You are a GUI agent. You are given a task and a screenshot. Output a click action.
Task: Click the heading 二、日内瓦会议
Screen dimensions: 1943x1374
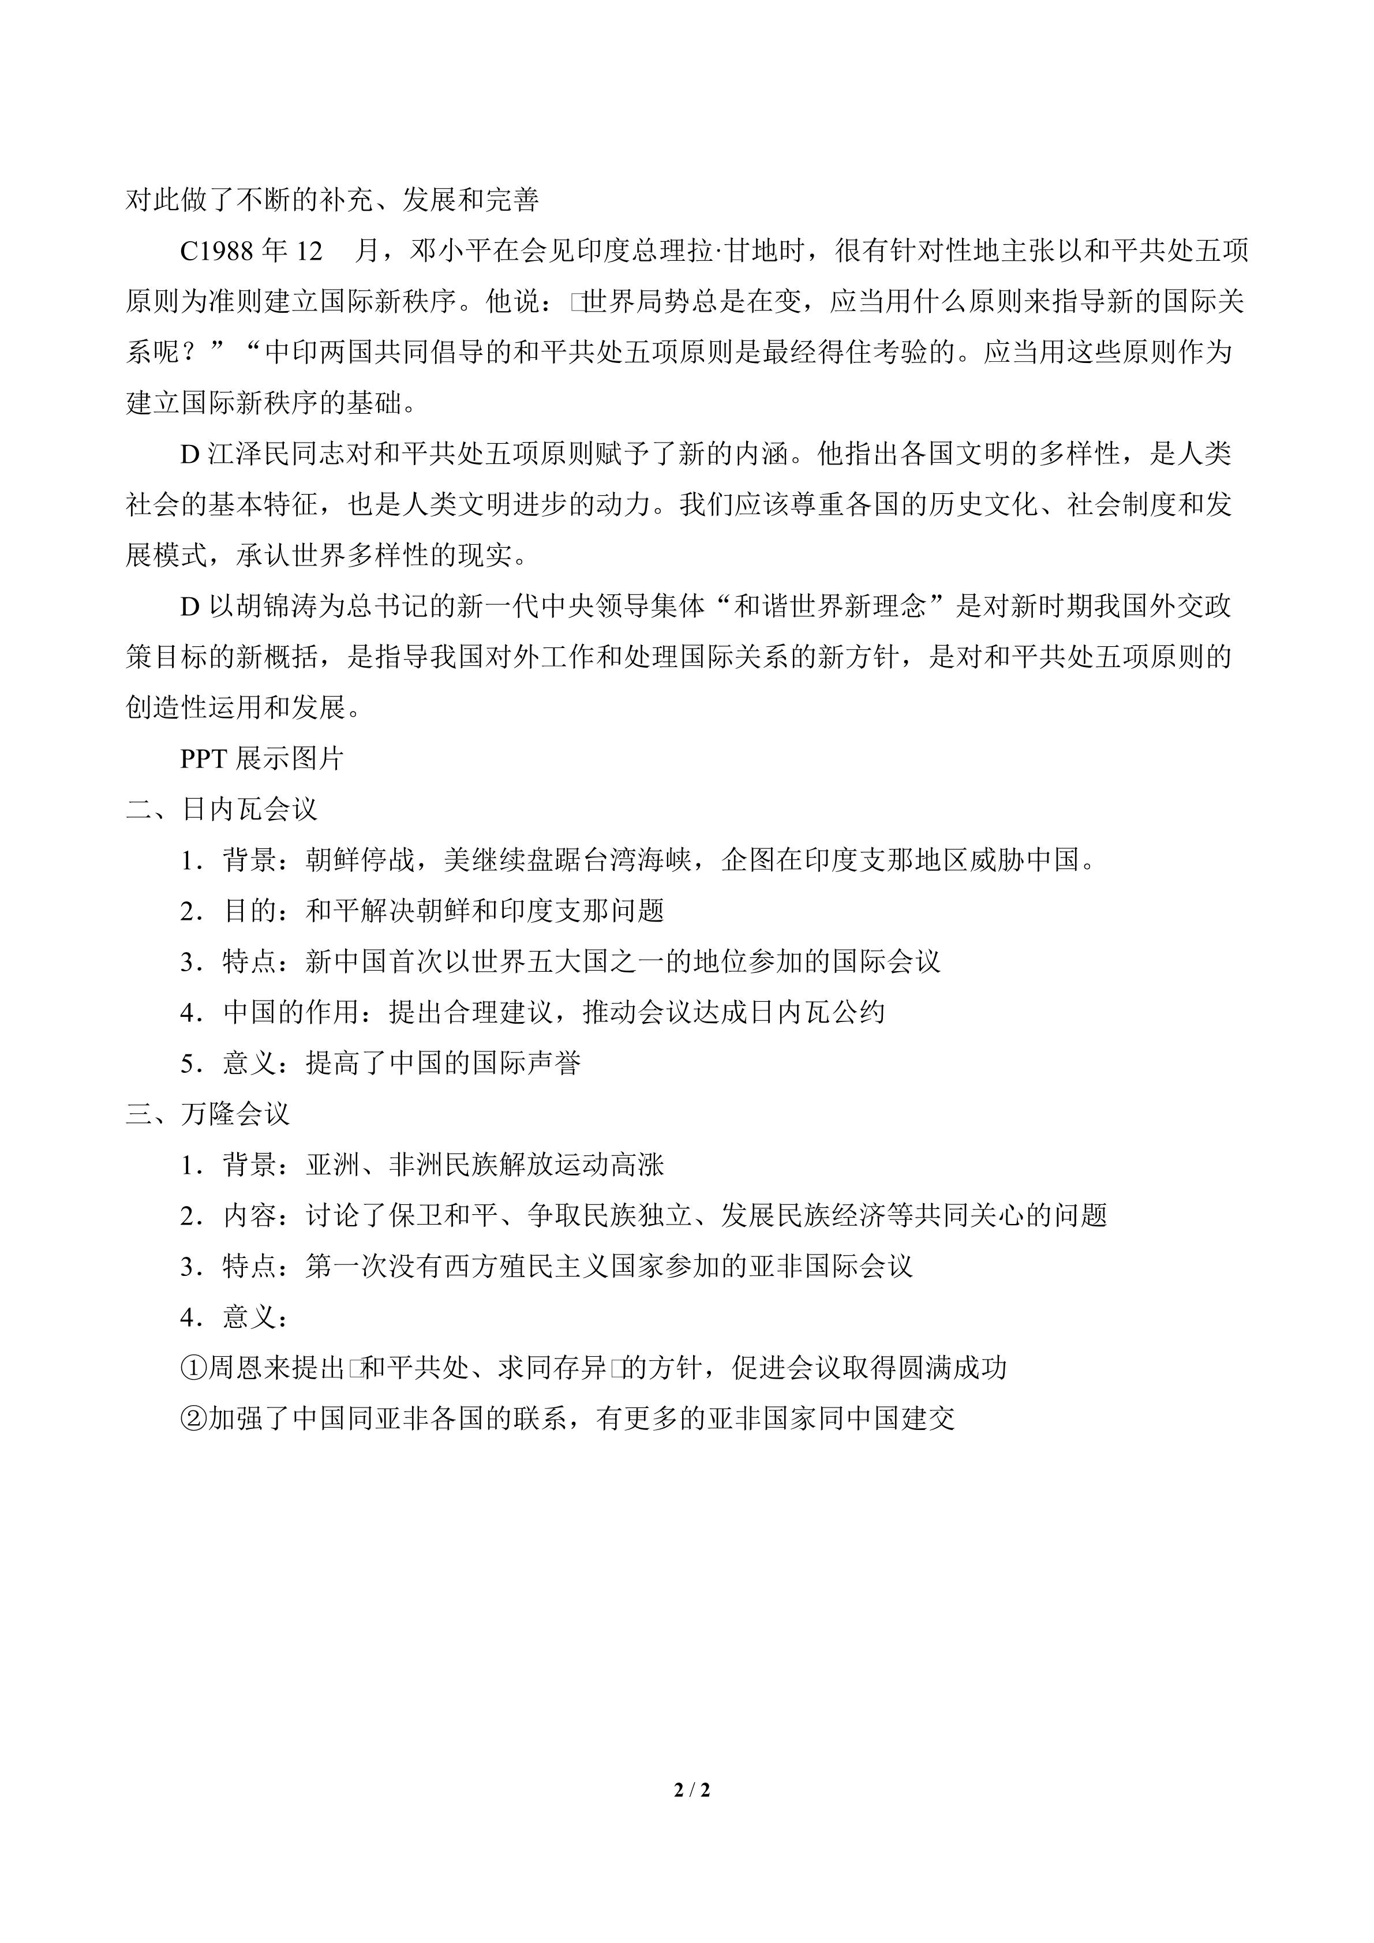tap(222, 809)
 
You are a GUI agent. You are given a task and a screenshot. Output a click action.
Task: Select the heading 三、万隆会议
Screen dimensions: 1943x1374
tap(208, 1114)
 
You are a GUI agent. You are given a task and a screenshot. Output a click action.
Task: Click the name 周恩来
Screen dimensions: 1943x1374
tap(250, 1368)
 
